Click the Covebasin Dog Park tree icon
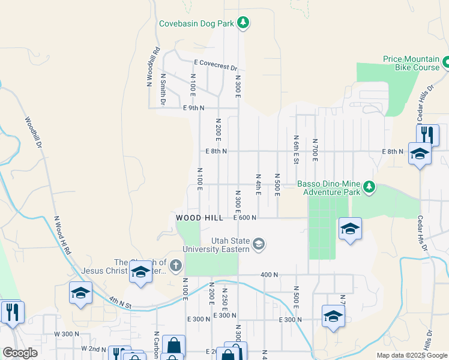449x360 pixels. [x=243, y=23]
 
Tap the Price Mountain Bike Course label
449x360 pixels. [x=411, y=63]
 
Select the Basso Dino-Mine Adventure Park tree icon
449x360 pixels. [x=369, y=188]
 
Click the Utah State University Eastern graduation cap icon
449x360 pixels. [x=259, y=244]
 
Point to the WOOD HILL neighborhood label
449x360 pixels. [x=199, y=218]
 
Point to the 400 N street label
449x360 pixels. [x=270, y=275]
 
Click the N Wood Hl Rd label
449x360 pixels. [x=62, y=236]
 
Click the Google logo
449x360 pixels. [x=20, y=353]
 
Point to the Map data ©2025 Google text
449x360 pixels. [x=411, y=355]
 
